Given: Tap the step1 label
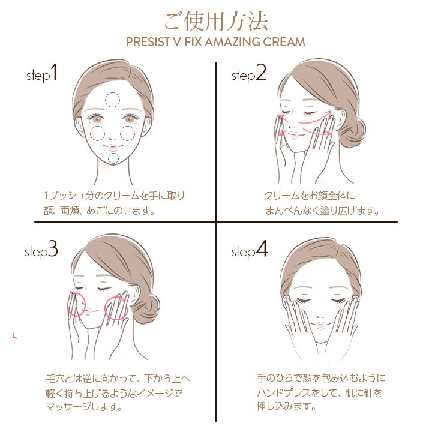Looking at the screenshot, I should pos(43,74).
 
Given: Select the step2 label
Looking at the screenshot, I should pos(248,74).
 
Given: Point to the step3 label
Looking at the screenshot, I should pos(41,251).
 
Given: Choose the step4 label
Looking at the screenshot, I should pos(250,251).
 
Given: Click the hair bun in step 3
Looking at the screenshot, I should pos(149,310).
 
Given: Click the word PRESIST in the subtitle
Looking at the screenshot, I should pos(147,43).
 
